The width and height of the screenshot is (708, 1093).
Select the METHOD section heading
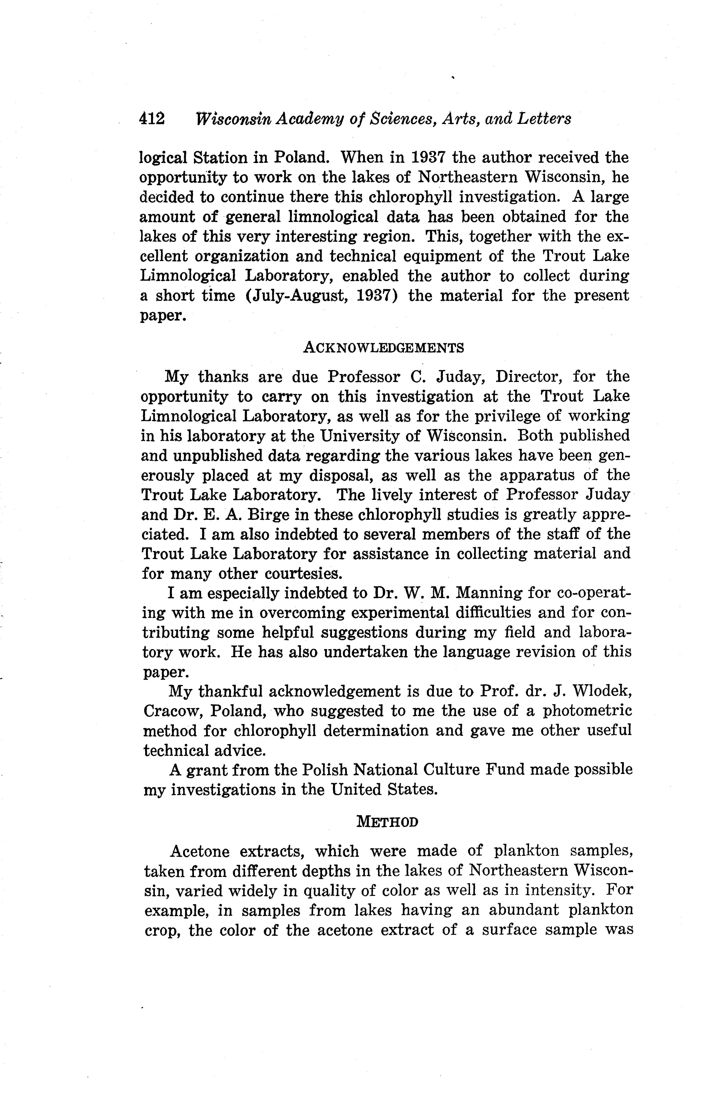387,822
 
